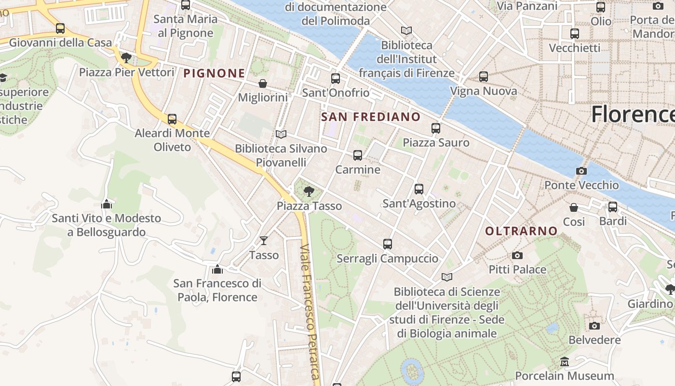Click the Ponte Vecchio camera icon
click(581, 171)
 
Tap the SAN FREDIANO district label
click(371, 117)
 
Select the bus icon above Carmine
click(357, 155)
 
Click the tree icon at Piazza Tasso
click(309, 192)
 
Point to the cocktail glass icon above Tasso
click(264, 240)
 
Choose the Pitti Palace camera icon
click(517, 255)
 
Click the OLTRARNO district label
click(521, 231)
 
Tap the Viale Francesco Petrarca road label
click(310, 314)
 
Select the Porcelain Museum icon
click(565, 361)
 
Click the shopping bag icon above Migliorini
click(263, 83)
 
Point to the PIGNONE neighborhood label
click(214, 73)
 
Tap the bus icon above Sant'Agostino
click(419, 189)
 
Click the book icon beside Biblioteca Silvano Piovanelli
click(281, 134)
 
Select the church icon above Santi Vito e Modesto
click(107, 204)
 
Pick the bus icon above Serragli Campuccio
click(388, 244)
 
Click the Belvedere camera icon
click(594, 326)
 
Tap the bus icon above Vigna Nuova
click(484, 77)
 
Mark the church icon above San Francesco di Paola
click(217, 269)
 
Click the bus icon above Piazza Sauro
click(436, 128)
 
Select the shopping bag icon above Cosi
click(574, 207)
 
